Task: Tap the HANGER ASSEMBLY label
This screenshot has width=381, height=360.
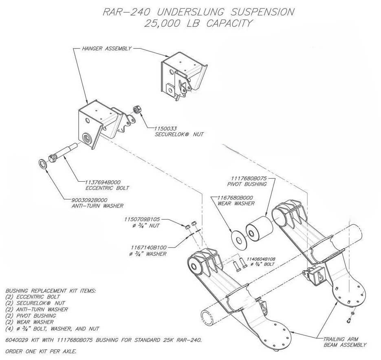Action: [x=107, y=48]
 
